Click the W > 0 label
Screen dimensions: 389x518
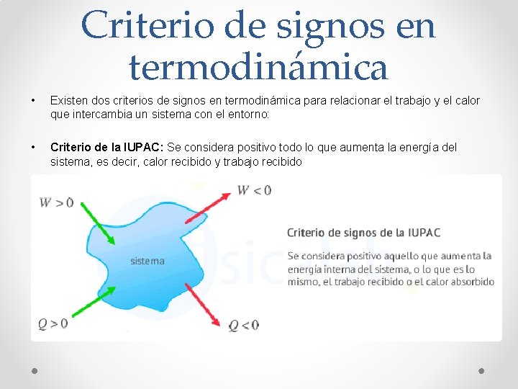[56, 202]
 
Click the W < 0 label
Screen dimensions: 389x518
[254, 190]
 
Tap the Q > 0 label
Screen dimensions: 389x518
[53, 323]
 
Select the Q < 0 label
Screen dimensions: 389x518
[243, 325]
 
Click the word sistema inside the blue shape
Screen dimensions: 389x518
[147, 261]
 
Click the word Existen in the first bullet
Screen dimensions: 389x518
[68, 101]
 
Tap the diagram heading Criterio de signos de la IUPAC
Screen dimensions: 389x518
[363, 233]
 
